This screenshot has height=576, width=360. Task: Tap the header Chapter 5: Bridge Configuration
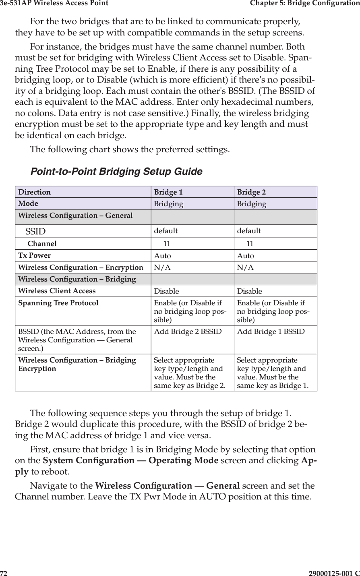pyautogui.click(x=304, y=4)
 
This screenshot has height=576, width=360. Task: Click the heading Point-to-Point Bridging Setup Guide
pyautogui.click(x=116, y=172)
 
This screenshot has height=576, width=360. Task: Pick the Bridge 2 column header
pyautogui.click(x=251, y=192)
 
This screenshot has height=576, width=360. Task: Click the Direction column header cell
pyautogui.click(x=35, y=192)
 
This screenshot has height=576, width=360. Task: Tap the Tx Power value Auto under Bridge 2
pyautogui.click(x=246, y=256)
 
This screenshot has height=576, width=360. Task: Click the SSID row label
pyautogui.click(x=35, y=232)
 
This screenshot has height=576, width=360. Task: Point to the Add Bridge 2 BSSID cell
pyautogui.click(x=188, y=332)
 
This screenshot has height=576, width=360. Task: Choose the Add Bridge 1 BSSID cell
pyautogui.click(x=271, y=332)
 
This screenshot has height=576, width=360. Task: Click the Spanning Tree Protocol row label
pyautogui.click(x=58, y=303)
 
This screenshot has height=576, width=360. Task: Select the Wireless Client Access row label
pyautogui.click(x=57, y=291)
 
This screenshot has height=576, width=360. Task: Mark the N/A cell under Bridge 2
pyautogui.click(x=245, y=268)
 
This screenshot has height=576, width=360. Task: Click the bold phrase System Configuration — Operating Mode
pyautogui.click(x=130, y=460)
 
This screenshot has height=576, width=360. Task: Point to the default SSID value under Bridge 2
pyautogui.click(x=249, y=231)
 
